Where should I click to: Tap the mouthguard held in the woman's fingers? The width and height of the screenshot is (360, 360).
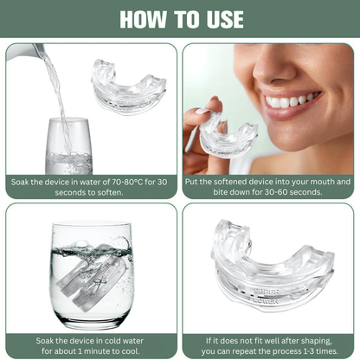(x=226, y=134)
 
